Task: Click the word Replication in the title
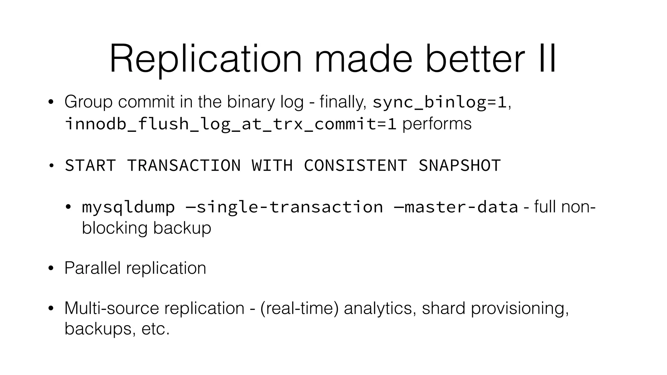[x=206, y=59]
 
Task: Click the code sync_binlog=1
[x=440, y=102]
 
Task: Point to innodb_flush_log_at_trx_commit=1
[x=231, y=124]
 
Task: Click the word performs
[x=437, y=124]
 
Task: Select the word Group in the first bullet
[x=89, y=102]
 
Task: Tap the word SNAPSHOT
[x=460, y=165]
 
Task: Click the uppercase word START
[x=91, y=165]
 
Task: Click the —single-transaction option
[x=284, y=207]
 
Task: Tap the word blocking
[x=115, y=228]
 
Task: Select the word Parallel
[x=92, y=268]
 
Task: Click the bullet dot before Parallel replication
[x=50, y=269]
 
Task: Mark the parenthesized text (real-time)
[x=299, y=308]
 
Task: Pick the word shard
[x=443, y=308]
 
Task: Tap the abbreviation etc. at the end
[x=155, y=329]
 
